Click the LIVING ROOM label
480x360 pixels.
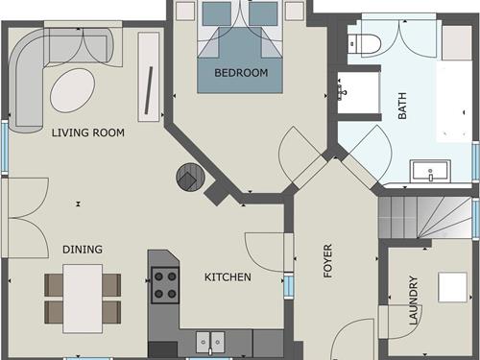(x=88, y=132)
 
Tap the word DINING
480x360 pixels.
(x=83, y=250)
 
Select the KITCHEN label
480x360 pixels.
(x=228, y=276)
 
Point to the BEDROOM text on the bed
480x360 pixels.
(x=241, y=73)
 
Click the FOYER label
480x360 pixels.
(x=328, y=261)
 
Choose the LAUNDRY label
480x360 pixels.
(x=414, y=300)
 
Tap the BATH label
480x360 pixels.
(x=402, y=106)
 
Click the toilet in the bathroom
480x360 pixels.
(x=365, y=44)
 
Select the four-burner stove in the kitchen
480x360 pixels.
(x=165, y=285)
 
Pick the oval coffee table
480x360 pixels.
(x=73, y=90)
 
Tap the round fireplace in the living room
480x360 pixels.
(x=190, y=178)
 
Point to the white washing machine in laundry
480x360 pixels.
(x=452, y=287)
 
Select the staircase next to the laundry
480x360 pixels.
(x=425, y=217)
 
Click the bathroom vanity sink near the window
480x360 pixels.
(x=430, y=171)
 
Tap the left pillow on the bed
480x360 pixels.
(x=217, y=13)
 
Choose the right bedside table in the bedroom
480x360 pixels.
(x=295, y=11)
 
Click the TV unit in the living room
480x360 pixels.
(x=149, y=77)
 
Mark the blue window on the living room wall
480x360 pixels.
(x=5, y=147)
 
